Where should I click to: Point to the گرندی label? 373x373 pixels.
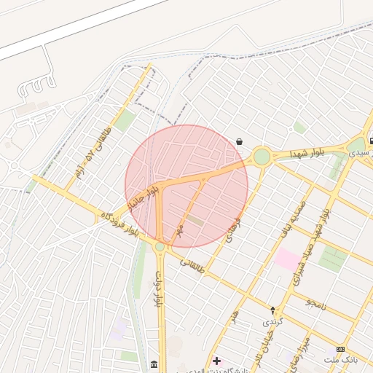[x=271, y=321]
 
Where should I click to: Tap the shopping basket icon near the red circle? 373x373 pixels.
[x=240, y=142]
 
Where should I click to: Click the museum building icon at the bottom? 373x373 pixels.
[x=153, y=364]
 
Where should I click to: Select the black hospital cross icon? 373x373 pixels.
[x=216, y=361]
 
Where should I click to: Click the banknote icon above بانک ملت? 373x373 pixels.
[x=340, y=350]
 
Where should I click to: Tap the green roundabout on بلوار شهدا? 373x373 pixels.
[x=262, y=157]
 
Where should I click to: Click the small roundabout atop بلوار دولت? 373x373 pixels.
[x=160, y=247]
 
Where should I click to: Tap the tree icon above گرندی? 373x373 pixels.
[x=273, y=310]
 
